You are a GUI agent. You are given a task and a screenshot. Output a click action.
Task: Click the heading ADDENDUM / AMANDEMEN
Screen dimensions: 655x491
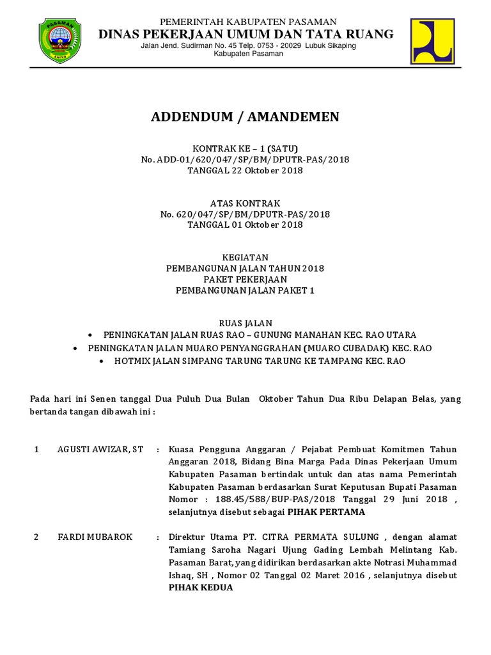[245, 116]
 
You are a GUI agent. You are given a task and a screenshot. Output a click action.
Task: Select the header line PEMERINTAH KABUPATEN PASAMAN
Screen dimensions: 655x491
[249, 22]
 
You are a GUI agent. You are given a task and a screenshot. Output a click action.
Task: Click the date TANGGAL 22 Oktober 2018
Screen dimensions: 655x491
[245, 171]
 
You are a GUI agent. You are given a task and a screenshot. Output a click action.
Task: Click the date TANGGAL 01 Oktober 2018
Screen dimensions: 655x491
[245, 225]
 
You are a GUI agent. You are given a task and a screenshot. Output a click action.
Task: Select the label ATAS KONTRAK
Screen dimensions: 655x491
[245, 203]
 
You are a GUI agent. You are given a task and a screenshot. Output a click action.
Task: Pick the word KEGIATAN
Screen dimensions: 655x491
[245, 256]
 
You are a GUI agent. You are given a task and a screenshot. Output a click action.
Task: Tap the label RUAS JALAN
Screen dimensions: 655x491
[245, 323]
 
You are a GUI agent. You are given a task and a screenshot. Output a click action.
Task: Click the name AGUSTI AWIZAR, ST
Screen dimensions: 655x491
[99, 450]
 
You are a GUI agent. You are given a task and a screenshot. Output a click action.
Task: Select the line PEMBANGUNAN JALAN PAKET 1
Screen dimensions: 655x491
[245, 290]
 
